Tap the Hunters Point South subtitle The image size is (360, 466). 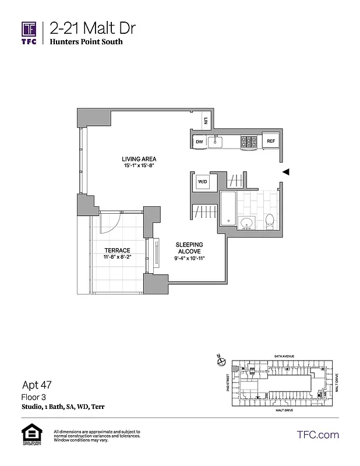click(86, 42)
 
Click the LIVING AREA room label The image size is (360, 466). click(139, 159)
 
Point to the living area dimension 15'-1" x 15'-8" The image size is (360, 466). click(139, 166)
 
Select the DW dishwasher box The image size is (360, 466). click(199, 142)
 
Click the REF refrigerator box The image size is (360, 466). click(270, 142)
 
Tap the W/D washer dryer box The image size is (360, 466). click(203, 181)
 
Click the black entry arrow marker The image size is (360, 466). click(285, 172)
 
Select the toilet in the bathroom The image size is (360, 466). click(270, 220)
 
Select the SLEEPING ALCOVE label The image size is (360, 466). click(189, 248)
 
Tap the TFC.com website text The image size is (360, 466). click(317, 435)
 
